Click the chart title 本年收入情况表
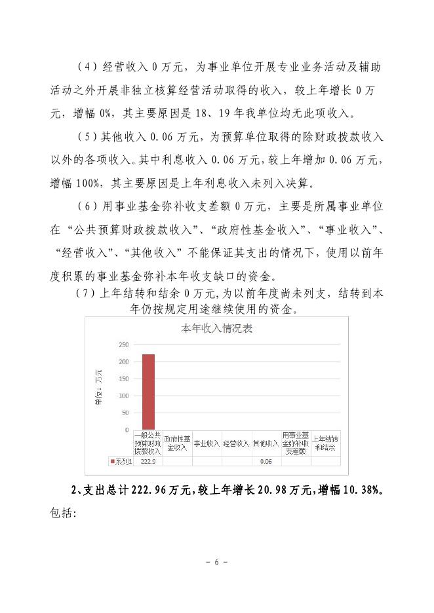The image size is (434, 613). [x=216, y=329]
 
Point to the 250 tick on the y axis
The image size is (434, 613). [x=123, y=344]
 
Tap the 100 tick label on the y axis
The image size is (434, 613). [x=123, y=396]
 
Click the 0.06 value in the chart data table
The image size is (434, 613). [x=266, y=462]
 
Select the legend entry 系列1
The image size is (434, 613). [x=120, y=462]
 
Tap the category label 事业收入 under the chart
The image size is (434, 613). [x=207, y=444]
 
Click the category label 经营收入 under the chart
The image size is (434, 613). [x=236, y=444]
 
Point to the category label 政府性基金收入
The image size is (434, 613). [x=177, y=443]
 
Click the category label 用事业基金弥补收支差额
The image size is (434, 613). [x=295, y=443]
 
